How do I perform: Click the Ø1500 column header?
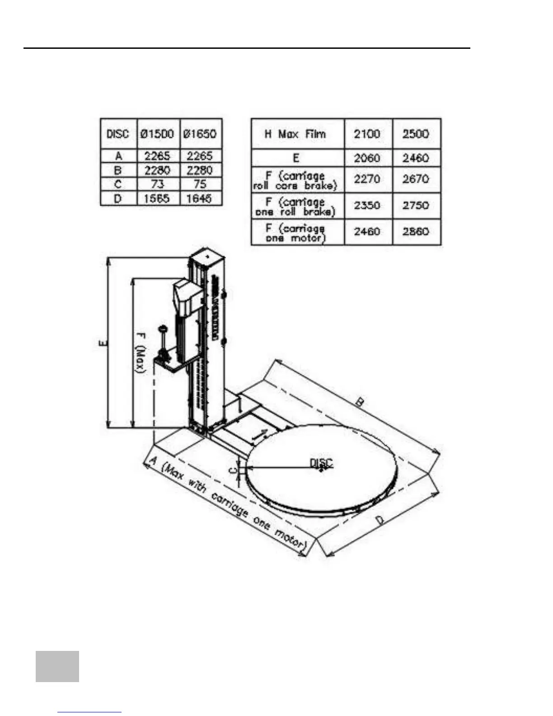[157, 134]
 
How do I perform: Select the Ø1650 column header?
[200, 134]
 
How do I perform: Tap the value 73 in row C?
[157, 184]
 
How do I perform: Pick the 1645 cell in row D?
[200, 198]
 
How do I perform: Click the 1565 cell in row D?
[157, 198]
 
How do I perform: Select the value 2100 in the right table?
[367, 134]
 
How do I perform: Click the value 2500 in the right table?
[416, 134]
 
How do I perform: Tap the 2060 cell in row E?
[367, 158]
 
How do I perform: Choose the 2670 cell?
[416, 179]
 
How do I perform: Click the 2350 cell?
[367, 206]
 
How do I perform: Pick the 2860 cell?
[416, 232]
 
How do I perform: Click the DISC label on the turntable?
[321, 463]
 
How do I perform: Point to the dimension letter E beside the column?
[103, 343]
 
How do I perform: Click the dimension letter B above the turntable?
[360, 401]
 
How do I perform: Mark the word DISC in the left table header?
[117, 134]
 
